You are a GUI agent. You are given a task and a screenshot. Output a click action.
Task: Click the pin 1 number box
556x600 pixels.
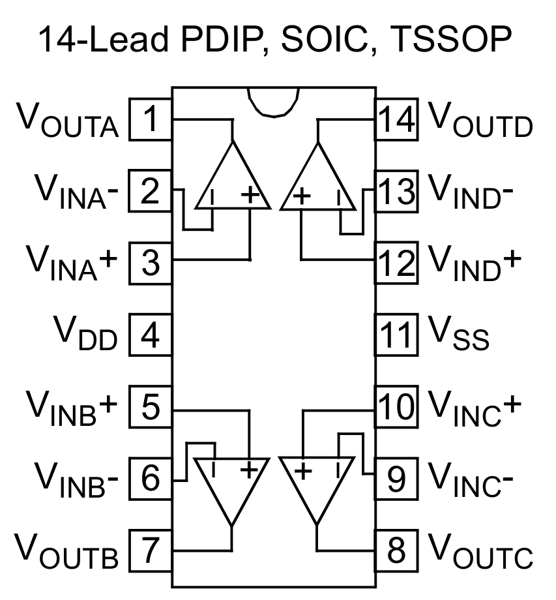tap(151, 119)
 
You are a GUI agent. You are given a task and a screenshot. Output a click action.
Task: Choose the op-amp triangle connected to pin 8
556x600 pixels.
tap(316, 486)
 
